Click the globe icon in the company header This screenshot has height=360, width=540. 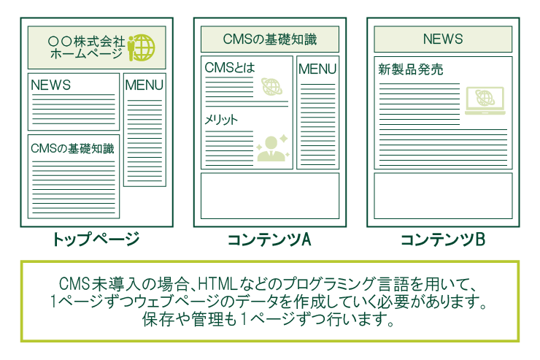tap(143, 47)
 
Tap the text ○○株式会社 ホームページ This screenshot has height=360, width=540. tap(86, 47)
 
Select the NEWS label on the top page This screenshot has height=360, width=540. tap(50, 85)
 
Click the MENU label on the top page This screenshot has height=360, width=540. tap(144, 85)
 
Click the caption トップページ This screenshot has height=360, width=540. tap(96, 239)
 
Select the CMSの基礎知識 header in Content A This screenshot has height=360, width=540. tap(270, 39)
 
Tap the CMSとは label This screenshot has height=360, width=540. tap(230, 68)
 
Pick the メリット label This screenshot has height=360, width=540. tap(222, 120)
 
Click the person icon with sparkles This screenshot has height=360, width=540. tap(273, 148)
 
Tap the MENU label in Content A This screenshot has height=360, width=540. tap(317, 69)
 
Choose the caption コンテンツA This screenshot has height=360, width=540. tap(269, 239)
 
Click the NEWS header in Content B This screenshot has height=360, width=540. tap(443, 39)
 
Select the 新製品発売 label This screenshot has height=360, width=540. tap(410, 70)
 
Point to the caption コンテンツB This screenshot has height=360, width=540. tap(443, 239)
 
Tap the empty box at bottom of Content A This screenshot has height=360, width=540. tap(270, 196)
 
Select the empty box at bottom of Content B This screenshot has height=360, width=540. tap(443, 196)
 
